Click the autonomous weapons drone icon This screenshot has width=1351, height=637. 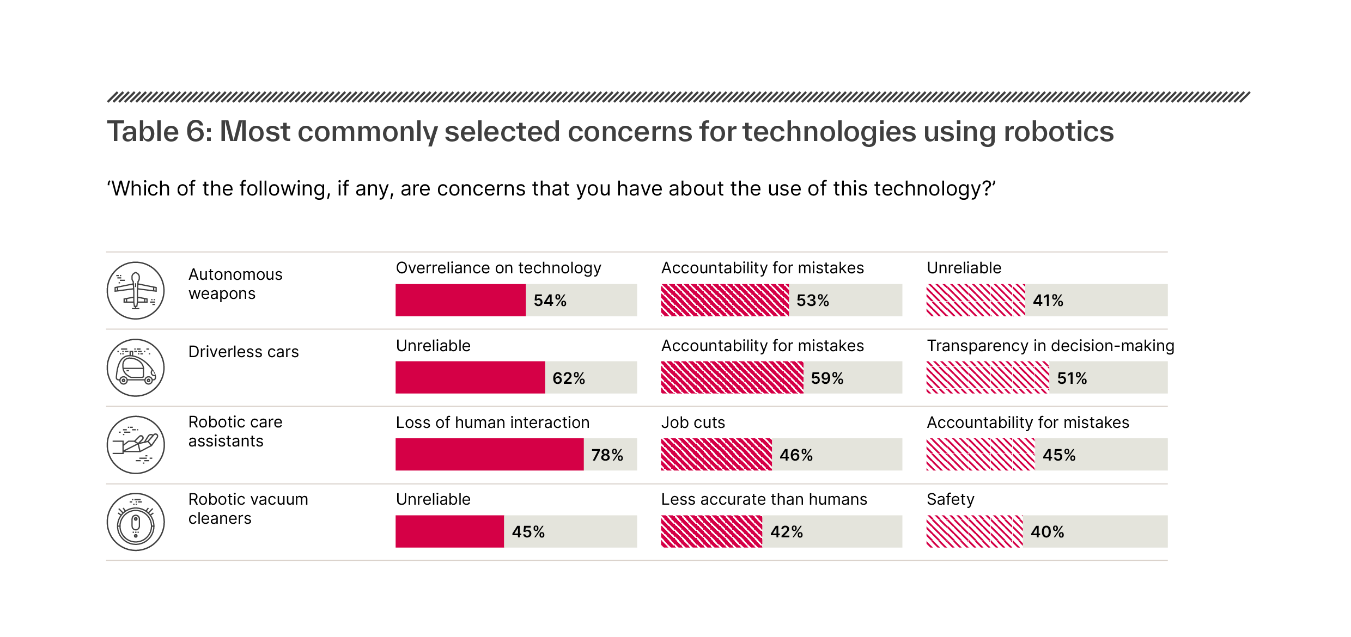(136, 290)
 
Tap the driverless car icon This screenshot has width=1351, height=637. (136, 367)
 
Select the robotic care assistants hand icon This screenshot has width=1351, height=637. (136, 445)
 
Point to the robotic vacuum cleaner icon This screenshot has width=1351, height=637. (136, 522)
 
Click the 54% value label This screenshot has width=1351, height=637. (550, 301)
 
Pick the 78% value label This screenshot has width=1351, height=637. (607, 455)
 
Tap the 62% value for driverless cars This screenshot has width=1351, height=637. (569, 378)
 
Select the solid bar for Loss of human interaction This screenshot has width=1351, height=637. (489, 455)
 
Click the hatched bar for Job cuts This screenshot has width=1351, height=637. (716, 455)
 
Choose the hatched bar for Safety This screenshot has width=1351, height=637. (974, 531)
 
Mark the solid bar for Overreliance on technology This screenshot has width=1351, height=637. (460, 300)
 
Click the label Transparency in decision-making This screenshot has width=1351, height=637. (1050, 346)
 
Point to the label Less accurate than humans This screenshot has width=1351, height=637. (764, 499)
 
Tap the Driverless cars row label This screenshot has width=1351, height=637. (244, 352)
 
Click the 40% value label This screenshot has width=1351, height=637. (1047, 532)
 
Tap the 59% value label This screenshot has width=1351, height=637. (827, 378)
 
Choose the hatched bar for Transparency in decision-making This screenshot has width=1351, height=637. (987, 377)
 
